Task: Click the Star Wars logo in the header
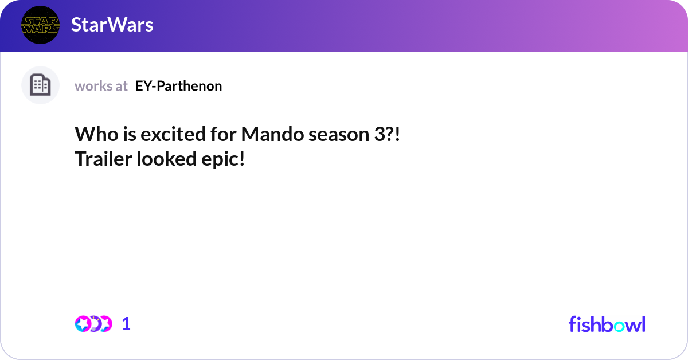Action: coord(40,25)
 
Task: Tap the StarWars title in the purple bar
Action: coord(112,25)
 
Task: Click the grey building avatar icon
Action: coord(40,85)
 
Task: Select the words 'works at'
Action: coord(101,86)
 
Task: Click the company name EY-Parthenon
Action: coord(178,86)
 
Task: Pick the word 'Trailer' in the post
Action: coord(103,159)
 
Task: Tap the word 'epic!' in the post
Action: coord(223,159)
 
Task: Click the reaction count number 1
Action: coord(127,324)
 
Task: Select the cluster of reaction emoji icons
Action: coord(93,324)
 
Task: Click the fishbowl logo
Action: coord(607,324)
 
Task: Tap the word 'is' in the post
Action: coord(128,134)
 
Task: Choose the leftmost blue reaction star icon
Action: coord(83,324)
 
